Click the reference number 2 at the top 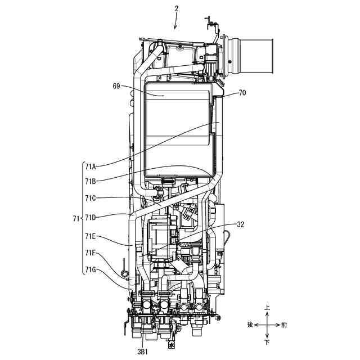(x=176, y=8)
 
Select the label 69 (x=116, y=86)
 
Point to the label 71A (x=91, y=166)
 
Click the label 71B (x=91, y=182)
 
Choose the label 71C (x=91, y=198)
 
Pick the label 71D (x=91, y=217)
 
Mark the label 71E (x=91, y=236)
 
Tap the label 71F (x=91, y=253)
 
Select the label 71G (x=91, y=270)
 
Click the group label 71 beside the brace (x=77, y=217)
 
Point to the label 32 (x=241, y=224)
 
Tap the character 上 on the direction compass (x=267, y=308)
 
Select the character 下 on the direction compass (x=267, y=341)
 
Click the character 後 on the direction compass (x=250, y=325)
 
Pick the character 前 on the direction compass (x=285, y=325)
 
